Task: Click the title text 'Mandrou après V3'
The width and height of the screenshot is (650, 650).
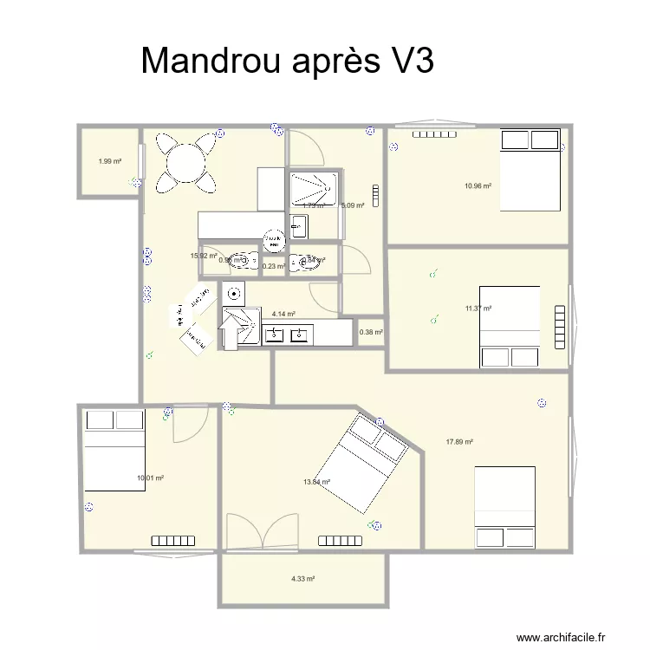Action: pos(287,62)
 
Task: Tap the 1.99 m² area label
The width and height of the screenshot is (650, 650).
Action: pos(109,161)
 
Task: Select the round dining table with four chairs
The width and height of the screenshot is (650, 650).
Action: pos(186,162)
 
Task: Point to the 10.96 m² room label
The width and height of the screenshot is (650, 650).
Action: pos(478,185)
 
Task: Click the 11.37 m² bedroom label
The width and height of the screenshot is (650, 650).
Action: pos(478,309)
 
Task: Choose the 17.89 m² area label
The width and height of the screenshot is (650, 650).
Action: pos(459,442)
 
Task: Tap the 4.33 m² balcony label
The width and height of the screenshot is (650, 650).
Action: pos(302,579)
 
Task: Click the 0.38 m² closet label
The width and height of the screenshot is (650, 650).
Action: pos(371,332)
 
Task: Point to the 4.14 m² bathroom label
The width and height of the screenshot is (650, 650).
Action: pos(283,315)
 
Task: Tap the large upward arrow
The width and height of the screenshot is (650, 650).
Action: pos(231,331)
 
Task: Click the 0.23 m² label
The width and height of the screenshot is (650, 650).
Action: pos(274,267)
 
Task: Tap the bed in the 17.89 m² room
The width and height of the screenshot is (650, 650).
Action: pos(504,507)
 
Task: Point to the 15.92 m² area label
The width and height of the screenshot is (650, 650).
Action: pos(203,256)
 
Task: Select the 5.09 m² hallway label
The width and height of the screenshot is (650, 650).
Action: pos(353,206)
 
